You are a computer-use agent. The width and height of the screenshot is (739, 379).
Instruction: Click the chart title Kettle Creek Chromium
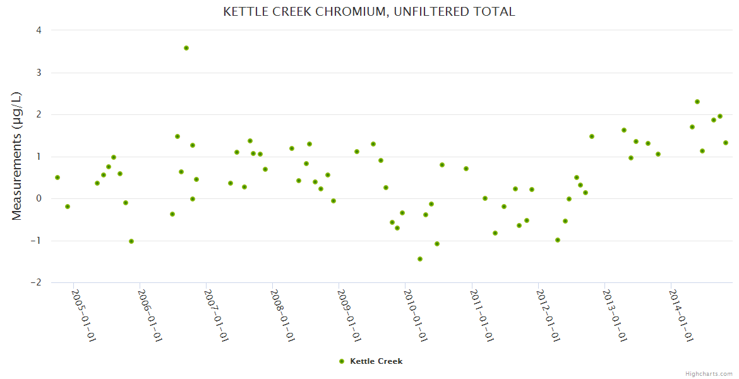coord(369,12)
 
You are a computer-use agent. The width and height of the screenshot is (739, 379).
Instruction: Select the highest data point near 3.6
coord(186,48)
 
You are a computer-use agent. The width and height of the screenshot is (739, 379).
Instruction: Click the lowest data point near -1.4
coord(420,259)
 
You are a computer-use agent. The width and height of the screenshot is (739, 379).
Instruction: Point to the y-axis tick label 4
coord(39,30)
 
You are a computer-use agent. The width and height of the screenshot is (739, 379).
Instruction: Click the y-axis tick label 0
coord(39,198)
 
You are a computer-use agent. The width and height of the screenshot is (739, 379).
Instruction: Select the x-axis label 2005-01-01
coord(83,316)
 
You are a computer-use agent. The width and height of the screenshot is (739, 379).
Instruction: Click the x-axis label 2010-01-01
coord(415,316)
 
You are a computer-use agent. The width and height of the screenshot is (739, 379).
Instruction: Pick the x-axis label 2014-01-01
coord(682,316)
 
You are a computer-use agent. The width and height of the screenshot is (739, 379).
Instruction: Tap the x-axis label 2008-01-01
coord(282,316)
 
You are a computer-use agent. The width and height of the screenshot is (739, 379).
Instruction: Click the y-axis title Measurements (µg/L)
coord(17,156)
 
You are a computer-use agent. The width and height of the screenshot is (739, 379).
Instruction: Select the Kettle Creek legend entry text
coord(376,361)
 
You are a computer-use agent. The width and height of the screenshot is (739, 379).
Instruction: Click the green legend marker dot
coord(342,361)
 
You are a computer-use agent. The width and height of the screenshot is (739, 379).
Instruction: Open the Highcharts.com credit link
coord(709,373)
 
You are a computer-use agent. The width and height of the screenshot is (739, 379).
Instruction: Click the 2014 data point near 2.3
coord(697,102)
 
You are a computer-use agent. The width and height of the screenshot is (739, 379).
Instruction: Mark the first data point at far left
coord(57,177)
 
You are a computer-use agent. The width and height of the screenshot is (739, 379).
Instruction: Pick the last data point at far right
coord(726,143)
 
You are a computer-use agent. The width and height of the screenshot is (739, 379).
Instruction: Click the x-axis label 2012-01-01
coord(548,316)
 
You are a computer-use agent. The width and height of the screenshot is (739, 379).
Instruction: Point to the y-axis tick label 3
coord(39,73)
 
